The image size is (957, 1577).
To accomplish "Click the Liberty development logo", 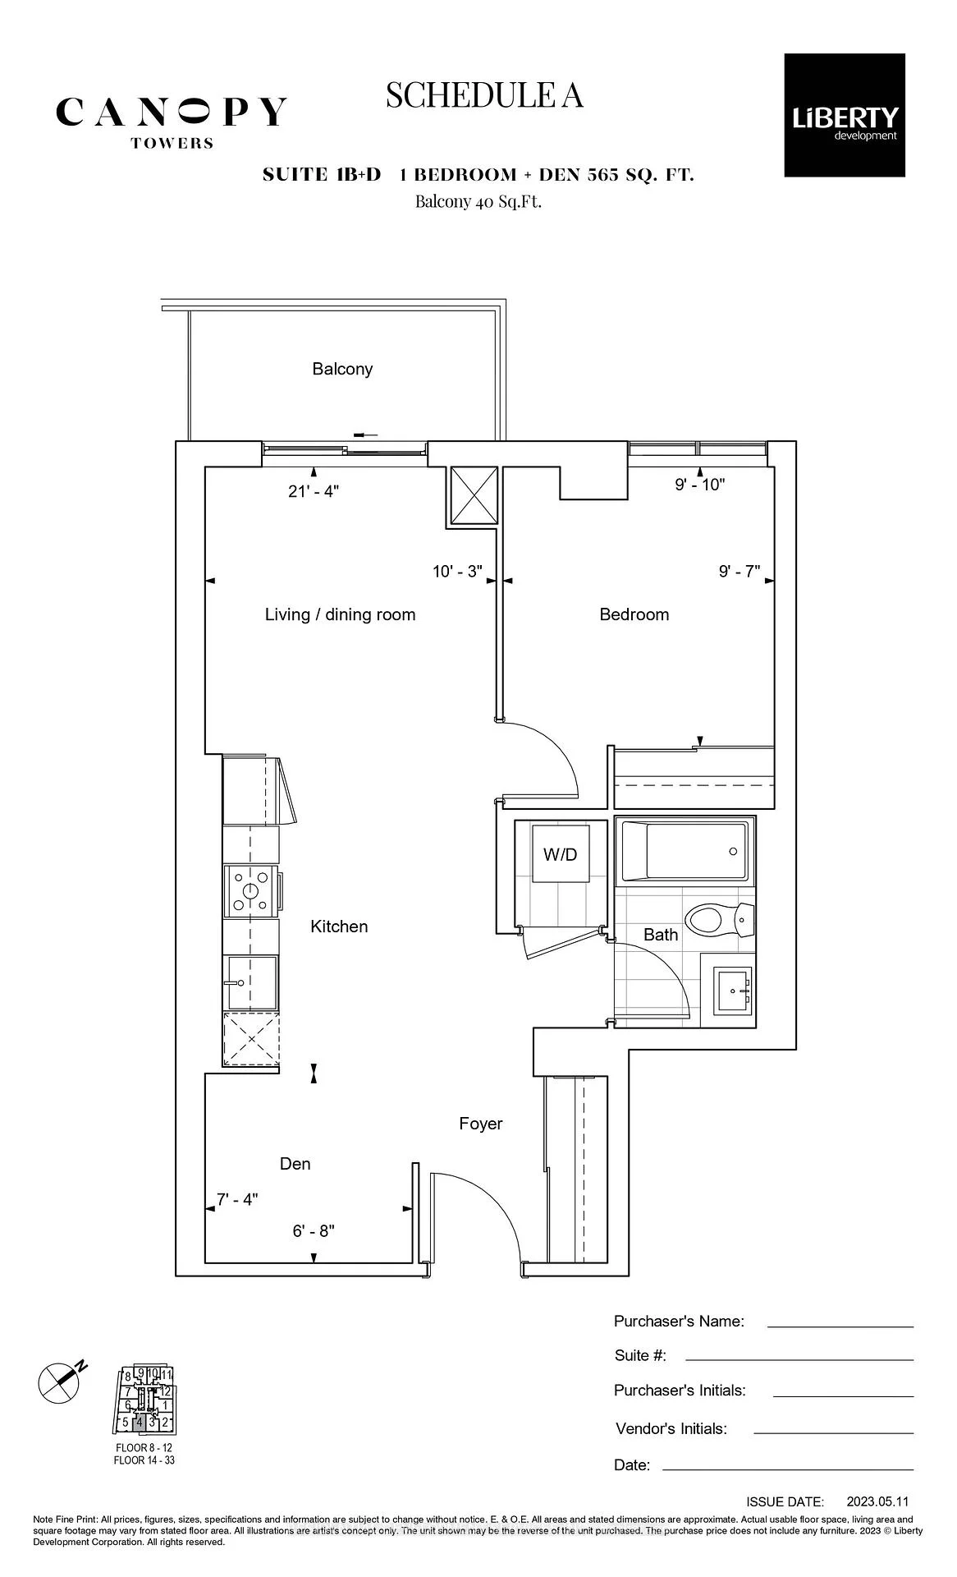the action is click(x=845, y=115).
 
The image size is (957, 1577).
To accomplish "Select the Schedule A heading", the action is click(x=484, y=95).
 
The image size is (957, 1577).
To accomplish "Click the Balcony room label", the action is click(x=342, y=369).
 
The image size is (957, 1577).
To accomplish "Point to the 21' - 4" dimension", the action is click(x=314, y=491).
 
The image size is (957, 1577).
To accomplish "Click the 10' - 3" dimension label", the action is click(x=457, y=571).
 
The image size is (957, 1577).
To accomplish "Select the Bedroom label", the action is click(x=634, y=614).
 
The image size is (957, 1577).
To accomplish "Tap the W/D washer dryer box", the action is click(x=561, y=854).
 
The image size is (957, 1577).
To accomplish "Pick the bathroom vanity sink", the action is click(x=733, y=990).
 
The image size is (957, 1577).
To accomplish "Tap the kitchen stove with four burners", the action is click(x=251, y=891).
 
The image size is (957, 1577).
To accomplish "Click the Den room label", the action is click(x=295, y=1164).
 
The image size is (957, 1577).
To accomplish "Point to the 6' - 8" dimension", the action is click(x=314, y=1231).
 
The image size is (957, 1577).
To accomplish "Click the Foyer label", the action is click(x=481, y=1124).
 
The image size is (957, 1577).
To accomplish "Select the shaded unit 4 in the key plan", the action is click(x=140, y=1422).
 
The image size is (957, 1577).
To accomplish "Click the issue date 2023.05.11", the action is click(x=878, y=1501).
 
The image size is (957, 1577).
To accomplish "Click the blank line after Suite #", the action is click(x=799, y=1359).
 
